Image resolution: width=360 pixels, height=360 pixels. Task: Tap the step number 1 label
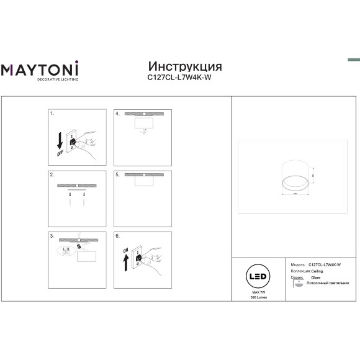point(52,114)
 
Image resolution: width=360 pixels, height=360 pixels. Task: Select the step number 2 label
point(52,175)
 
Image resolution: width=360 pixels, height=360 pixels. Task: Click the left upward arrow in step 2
point(69,201)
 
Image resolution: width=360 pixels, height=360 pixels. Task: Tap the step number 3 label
point(52,236)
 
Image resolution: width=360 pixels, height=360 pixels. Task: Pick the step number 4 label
point(117,114)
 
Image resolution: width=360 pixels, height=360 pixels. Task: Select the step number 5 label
point(117,175)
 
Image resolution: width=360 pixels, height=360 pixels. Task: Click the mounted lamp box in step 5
point(144,181)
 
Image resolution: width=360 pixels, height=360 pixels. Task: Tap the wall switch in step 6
point(137,260)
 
